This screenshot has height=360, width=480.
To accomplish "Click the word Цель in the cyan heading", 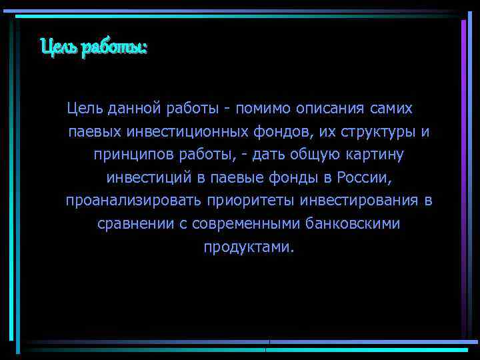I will point(58,48).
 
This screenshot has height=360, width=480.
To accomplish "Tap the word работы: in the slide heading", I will point(113,49).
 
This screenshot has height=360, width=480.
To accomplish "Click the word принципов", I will point(133,155).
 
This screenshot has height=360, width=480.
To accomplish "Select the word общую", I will point(316,155).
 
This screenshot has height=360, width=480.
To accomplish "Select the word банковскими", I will point(353,224).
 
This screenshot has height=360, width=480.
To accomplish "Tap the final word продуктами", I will point(248,247).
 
